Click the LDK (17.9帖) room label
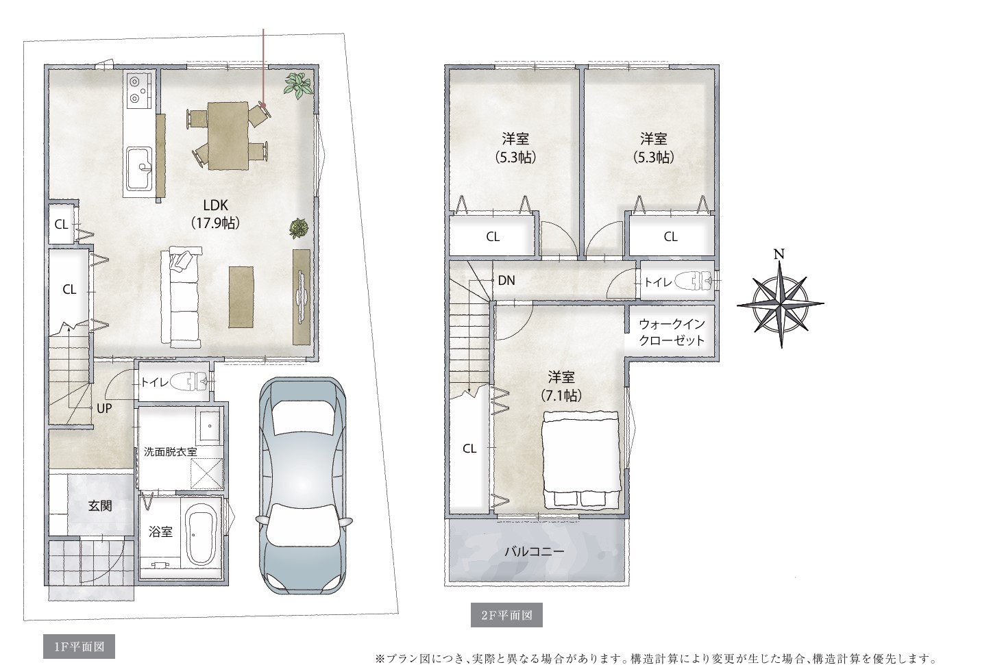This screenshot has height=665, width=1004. [216, 214]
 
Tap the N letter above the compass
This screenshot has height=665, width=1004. [779, 254]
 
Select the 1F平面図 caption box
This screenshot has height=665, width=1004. [79, 647]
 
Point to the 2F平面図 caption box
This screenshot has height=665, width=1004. [506, 615]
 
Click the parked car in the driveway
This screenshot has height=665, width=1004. [304, 486]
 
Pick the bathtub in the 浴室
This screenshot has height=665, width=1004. [201, 534]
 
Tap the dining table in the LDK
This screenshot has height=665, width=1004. [228, 136]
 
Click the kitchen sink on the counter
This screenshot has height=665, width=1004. [140, 169]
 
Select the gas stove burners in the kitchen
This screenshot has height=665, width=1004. [139, 92]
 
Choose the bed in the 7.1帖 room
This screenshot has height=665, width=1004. [581, 460]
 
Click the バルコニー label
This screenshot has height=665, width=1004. [535, 551]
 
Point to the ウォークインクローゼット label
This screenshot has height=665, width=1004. [672, 332]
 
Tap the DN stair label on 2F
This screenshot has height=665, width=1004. [506, 280]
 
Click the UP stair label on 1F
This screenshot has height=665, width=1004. [104, 408]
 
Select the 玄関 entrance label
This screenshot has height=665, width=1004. [99, 505]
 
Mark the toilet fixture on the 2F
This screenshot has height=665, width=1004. [694, 281]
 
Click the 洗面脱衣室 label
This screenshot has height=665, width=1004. [171, 451]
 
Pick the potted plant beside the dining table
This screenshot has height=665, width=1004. [298, 84]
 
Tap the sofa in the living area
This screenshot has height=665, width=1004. [181, 299]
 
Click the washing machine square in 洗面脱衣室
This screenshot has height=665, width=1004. [207, 473]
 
